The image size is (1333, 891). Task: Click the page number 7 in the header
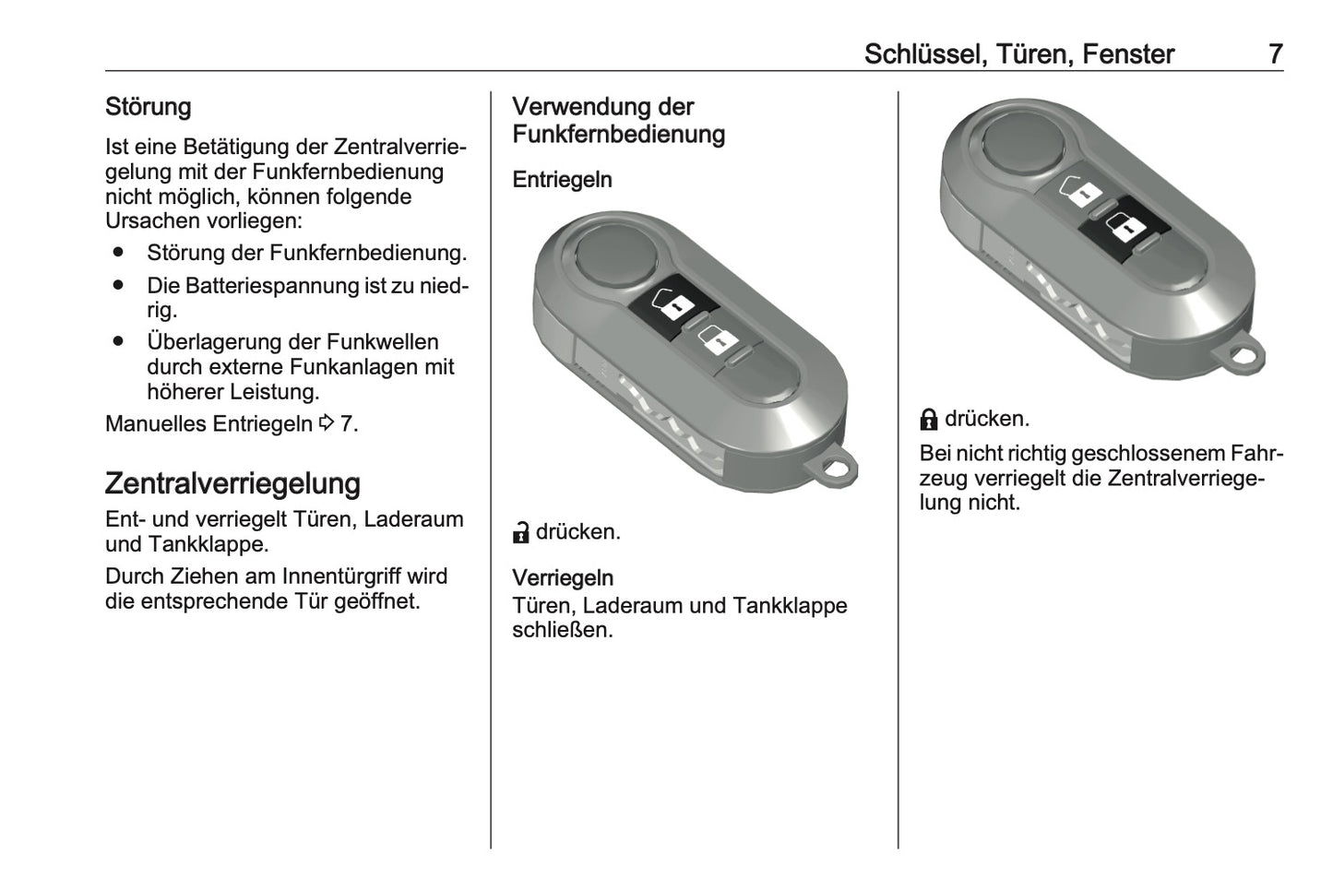1274,54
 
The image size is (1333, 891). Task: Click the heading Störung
148,107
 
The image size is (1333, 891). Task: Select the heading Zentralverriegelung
232,483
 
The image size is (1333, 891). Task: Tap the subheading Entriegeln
562,180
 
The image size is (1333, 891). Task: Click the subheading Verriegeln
562,578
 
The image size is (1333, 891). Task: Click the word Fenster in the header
1127,54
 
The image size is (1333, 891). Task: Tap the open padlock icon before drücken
521,533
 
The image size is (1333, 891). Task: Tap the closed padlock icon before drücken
929,420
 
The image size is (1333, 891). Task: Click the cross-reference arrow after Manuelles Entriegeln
327,424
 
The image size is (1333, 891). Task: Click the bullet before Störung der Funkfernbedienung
118,253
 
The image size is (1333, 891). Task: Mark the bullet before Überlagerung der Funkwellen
118,342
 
